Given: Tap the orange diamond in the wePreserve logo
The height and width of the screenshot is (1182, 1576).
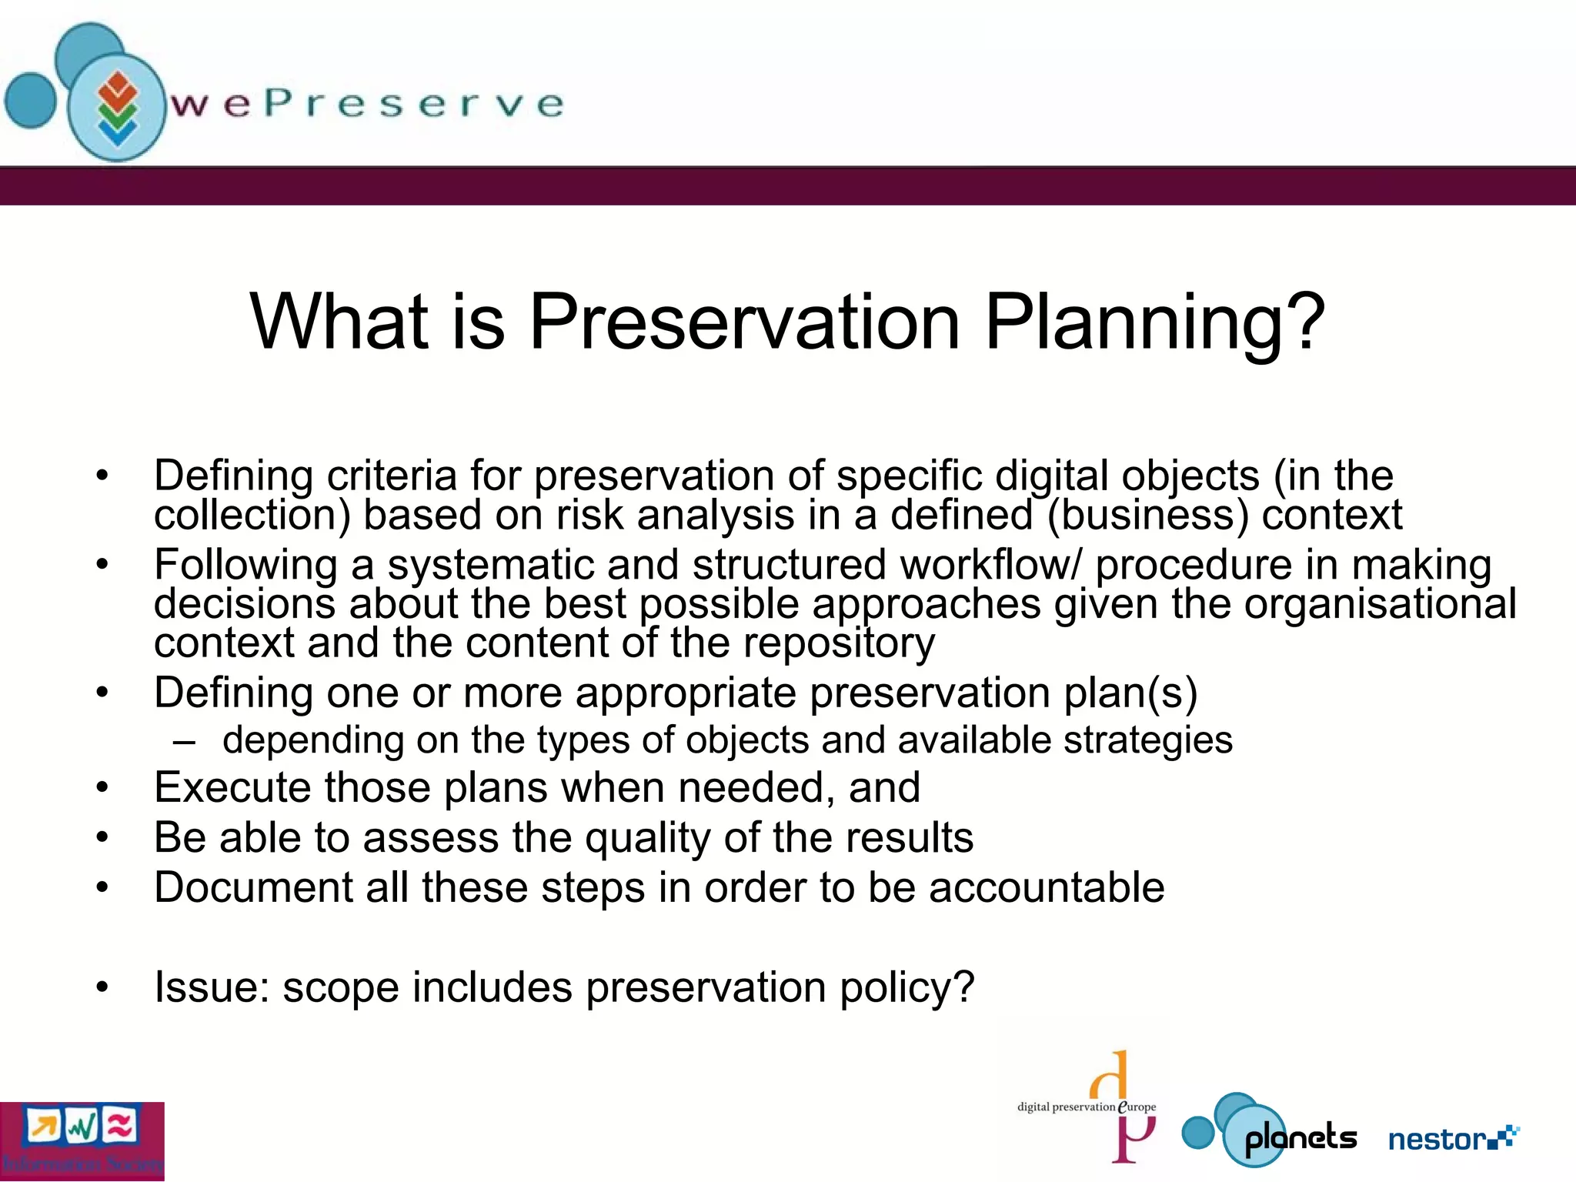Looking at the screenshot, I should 117,87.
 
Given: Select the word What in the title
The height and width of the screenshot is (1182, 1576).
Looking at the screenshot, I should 339,322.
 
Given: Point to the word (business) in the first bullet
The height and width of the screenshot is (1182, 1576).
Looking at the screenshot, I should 1147,515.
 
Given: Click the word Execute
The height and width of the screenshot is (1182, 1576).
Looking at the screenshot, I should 232,788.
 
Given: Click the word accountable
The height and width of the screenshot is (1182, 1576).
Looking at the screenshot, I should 1046,888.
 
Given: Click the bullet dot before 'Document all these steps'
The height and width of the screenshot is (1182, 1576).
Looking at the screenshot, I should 103,888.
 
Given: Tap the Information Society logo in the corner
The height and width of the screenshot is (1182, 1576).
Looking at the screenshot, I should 82,1141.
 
